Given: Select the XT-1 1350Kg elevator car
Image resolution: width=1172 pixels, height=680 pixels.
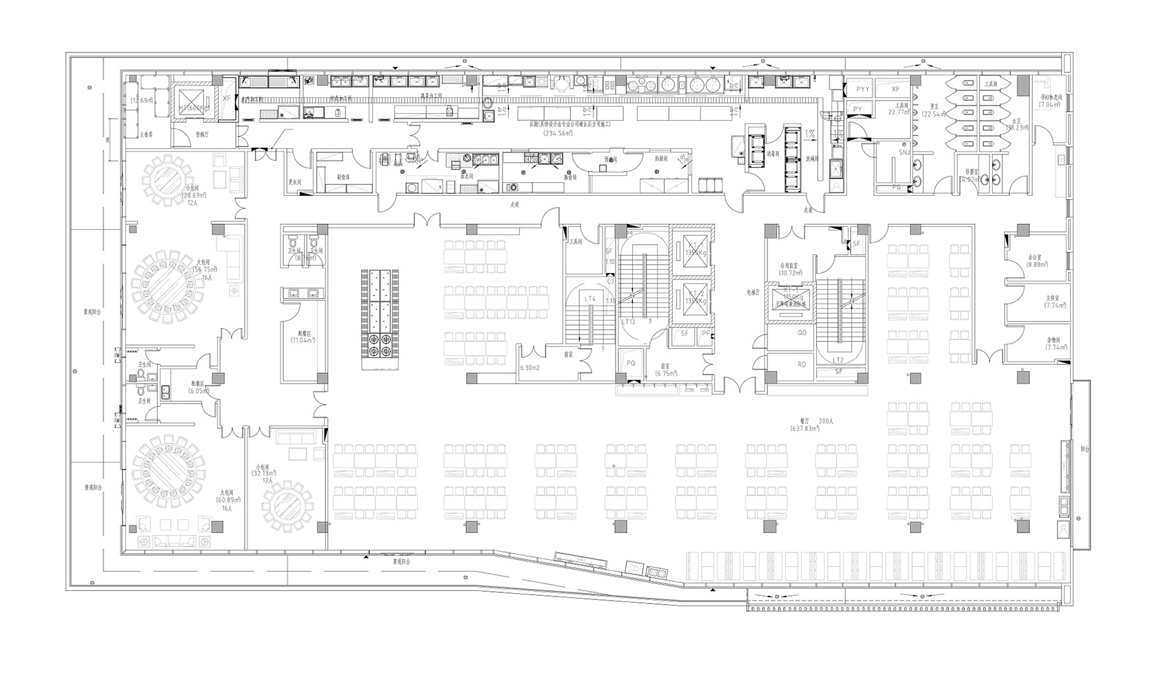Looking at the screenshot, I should (x=694, y=249).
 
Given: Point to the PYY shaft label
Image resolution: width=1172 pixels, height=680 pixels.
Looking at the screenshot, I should (x=862, y=90).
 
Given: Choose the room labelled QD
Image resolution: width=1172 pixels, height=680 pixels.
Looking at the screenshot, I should (x=802, y=332).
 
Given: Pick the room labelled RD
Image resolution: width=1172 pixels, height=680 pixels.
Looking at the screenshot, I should (x=802, y=364).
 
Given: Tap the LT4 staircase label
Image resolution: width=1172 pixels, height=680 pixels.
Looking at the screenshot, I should (x=590, y=299).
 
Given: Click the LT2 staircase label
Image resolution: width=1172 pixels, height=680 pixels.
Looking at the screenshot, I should (x=838, y=360).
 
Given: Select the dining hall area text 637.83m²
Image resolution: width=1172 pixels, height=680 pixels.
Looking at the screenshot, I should (x=805, y=429).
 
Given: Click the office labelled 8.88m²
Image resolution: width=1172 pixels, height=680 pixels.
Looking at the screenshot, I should (x=1037, y=264).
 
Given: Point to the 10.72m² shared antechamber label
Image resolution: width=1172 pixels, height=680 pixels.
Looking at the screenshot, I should (x=789, y=273).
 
